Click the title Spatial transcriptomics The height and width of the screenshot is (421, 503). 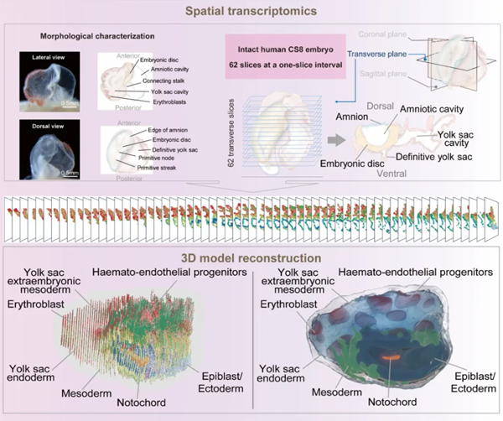pyautogui.click(x=251, y=13)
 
